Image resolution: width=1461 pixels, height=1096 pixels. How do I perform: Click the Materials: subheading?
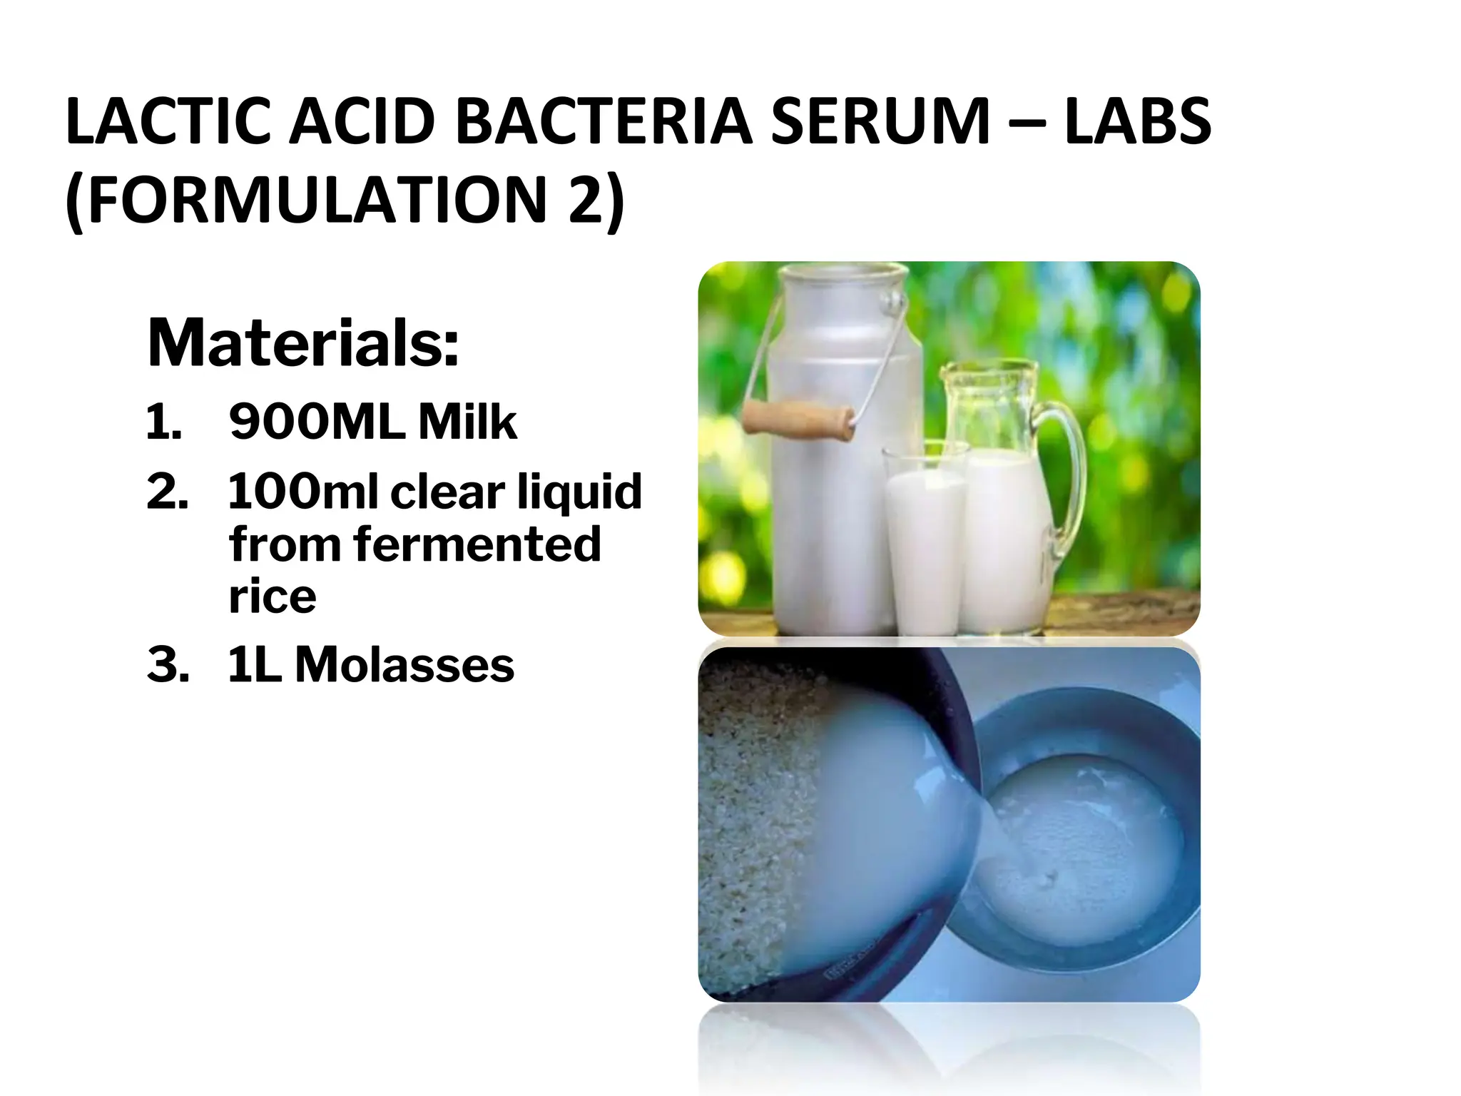pyautogui.click(x=303, y=343)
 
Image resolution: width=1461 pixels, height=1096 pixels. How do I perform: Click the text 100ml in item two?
pyautogui.click(x=302, y=492)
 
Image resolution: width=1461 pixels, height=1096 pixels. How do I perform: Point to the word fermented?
pyautogui.click(x=477, y=544)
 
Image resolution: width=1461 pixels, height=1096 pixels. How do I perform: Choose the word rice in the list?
pyautogui.click(x=272, y=597)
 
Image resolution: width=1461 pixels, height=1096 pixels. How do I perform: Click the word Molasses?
pyautogui.click(x=404, y=665)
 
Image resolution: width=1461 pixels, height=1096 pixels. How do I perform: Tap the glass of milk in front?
pyautogui.click(x=925, y=542)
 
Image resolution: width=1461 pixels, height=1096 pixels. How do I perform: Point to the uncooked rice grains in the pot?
pyautogui.click(x=749, y=821)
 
